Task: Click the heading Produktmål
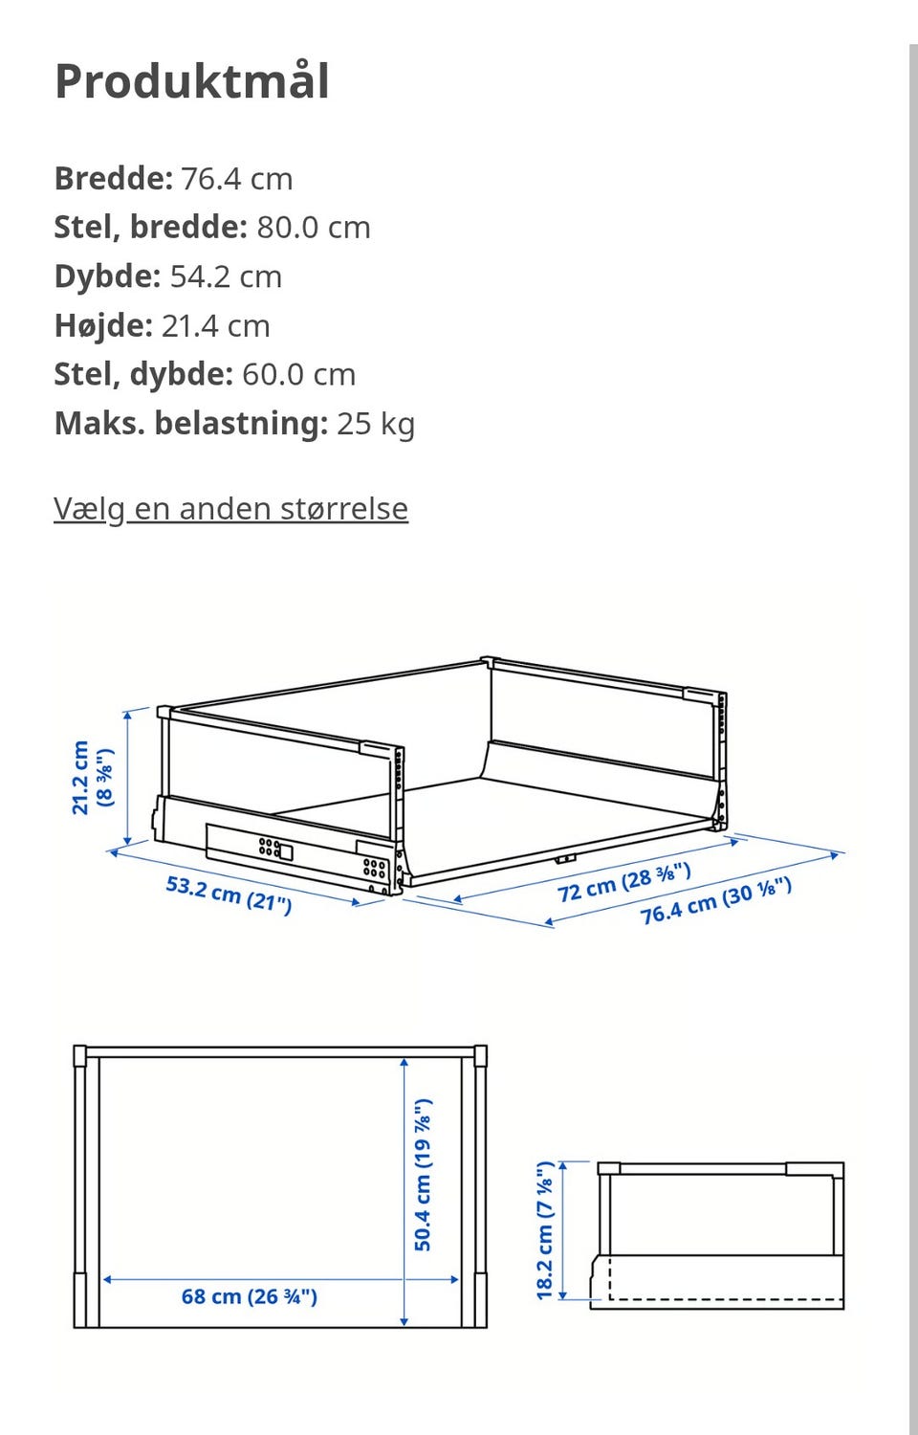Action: coord(192,81)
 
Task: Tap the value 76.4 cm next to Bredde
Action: coord(236,179)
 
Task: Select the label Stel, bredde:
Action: coord(150,228)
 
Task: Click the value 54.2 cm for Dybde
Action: coord(226,276)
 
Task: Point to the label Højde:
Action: coord(103,325)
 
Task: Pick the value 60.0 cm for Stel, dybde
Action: coord(298,374)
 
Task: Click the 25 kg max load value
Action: coord(376,423)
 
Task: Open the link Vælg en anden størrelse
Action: coord(230,508)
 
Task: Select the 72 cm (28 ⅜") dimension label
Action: coord(623,882)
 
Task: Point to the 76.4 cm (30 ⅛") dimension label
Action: coord(715,901)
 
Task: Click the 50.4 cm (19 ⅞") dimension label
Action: coord(423,1175)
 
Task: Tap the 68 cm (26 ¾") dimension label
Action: coord(249,1297)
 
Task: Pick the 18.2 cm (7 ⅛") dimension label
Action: coord(545,1230)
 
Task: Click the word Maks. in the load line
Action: coord(99,423)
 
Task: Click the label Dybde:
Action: coord(107,276)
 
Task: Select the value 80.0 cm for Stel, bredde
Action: coord(313,228)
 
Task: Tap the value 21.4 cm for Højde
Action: coord(215,325)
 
